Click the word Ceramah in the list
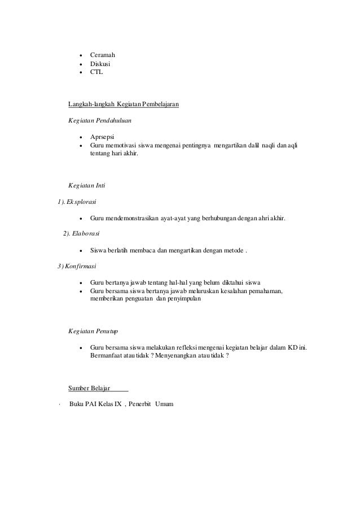(x=103, y=55)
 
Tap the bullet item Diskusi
(x=100, y=64)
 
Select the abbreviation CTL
(x=96, y=73)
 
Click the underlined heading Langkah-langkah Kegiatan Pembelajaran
(x=124, y=104)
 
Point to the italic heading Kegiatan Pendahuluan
(x=96, y=121)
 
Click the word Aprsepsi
(x=102, y=137)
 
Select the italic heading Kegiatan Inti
(x=84, y=185)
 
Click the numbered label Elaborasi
(x=84, y=234)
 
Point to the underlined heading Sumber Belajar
(x=89, y=389)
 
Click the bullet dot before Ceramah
(x=82, y=56)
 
